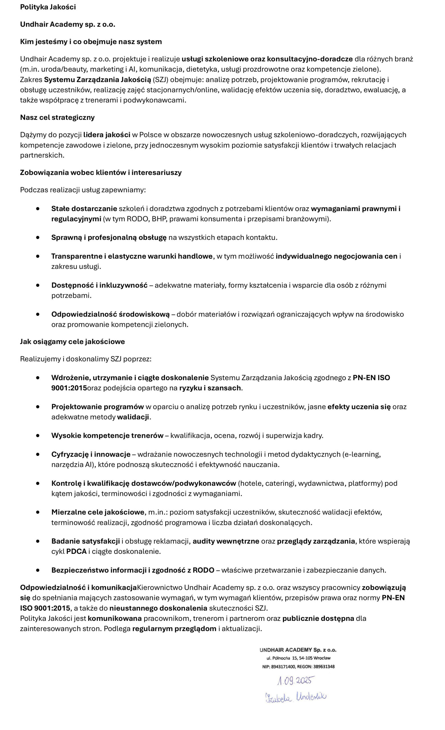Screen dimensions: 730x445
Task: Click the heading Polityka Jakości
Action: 48,7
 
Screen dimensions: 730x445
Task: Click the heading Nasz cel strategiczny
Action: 57,117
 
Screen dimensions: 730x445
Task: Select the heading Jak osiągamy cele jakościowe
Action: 72,342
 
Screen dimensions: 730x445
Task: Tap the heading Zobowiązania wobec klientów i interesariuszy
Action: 101,173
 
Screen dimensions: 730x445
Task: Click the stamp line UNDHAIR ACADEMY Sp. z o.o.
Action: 298,650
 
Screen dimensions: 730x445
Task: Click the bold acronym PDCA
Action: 76,551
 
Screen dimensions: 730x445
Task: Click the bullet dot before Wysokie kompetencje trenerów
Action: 38,435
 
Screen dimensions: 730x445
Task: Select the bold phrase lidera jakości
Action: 107,135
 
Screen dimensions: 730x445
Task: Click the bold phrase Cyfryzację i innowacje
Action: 91,454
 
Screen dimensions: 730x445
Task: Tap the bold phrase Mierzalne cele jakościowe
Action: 98,512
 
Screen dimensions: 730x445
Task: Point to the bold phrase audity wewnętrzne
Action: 226,541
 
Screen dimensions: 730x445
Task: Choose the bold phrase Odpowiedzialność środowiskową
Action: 110,314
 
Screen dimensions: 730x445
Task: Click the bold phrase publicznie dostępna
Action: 318,618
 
